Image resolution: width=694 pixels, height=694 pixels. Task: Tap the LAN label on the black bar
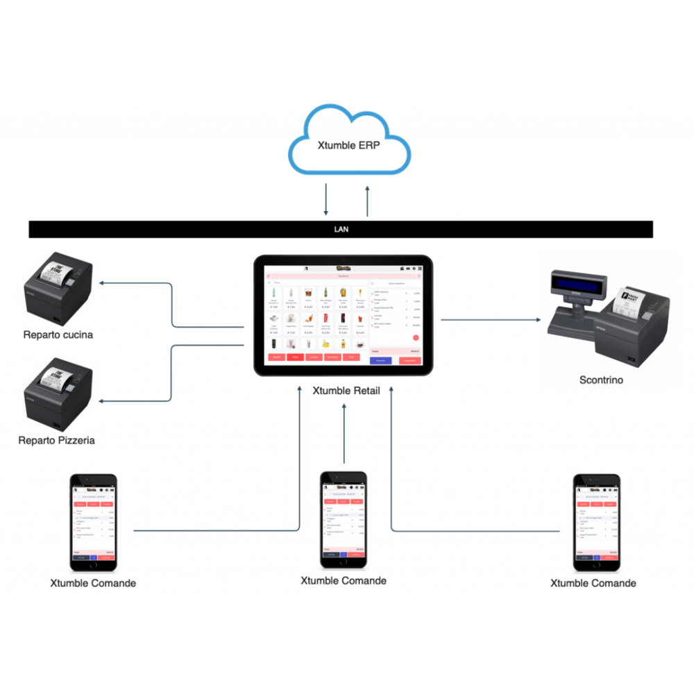coord(341,228)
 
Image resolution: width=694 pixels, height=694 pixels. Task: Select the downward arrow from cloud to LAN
coord(326,200)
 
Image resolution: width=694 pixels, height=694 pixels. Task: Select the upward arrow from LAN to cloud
coord(368,200)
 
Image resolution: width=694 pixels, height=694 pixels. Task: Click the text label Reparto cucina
coord(58,335)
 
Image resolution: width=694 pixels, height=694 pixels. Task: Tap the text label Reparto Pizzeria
coord(57,440)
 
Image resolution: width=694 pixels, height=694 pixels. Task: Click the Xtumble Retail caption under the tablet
coord(346,390)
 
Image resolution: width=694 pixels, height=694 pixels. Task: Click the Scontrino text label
coord(601,380)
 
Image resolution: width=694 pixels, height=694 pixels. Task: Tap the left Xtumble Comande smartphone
coord(93,522)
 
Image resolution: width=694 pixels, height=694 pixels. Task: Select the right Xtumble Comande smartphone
coord(595,522)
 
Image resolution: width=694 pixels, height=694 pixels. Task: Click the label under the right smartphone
coord(593,583)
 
